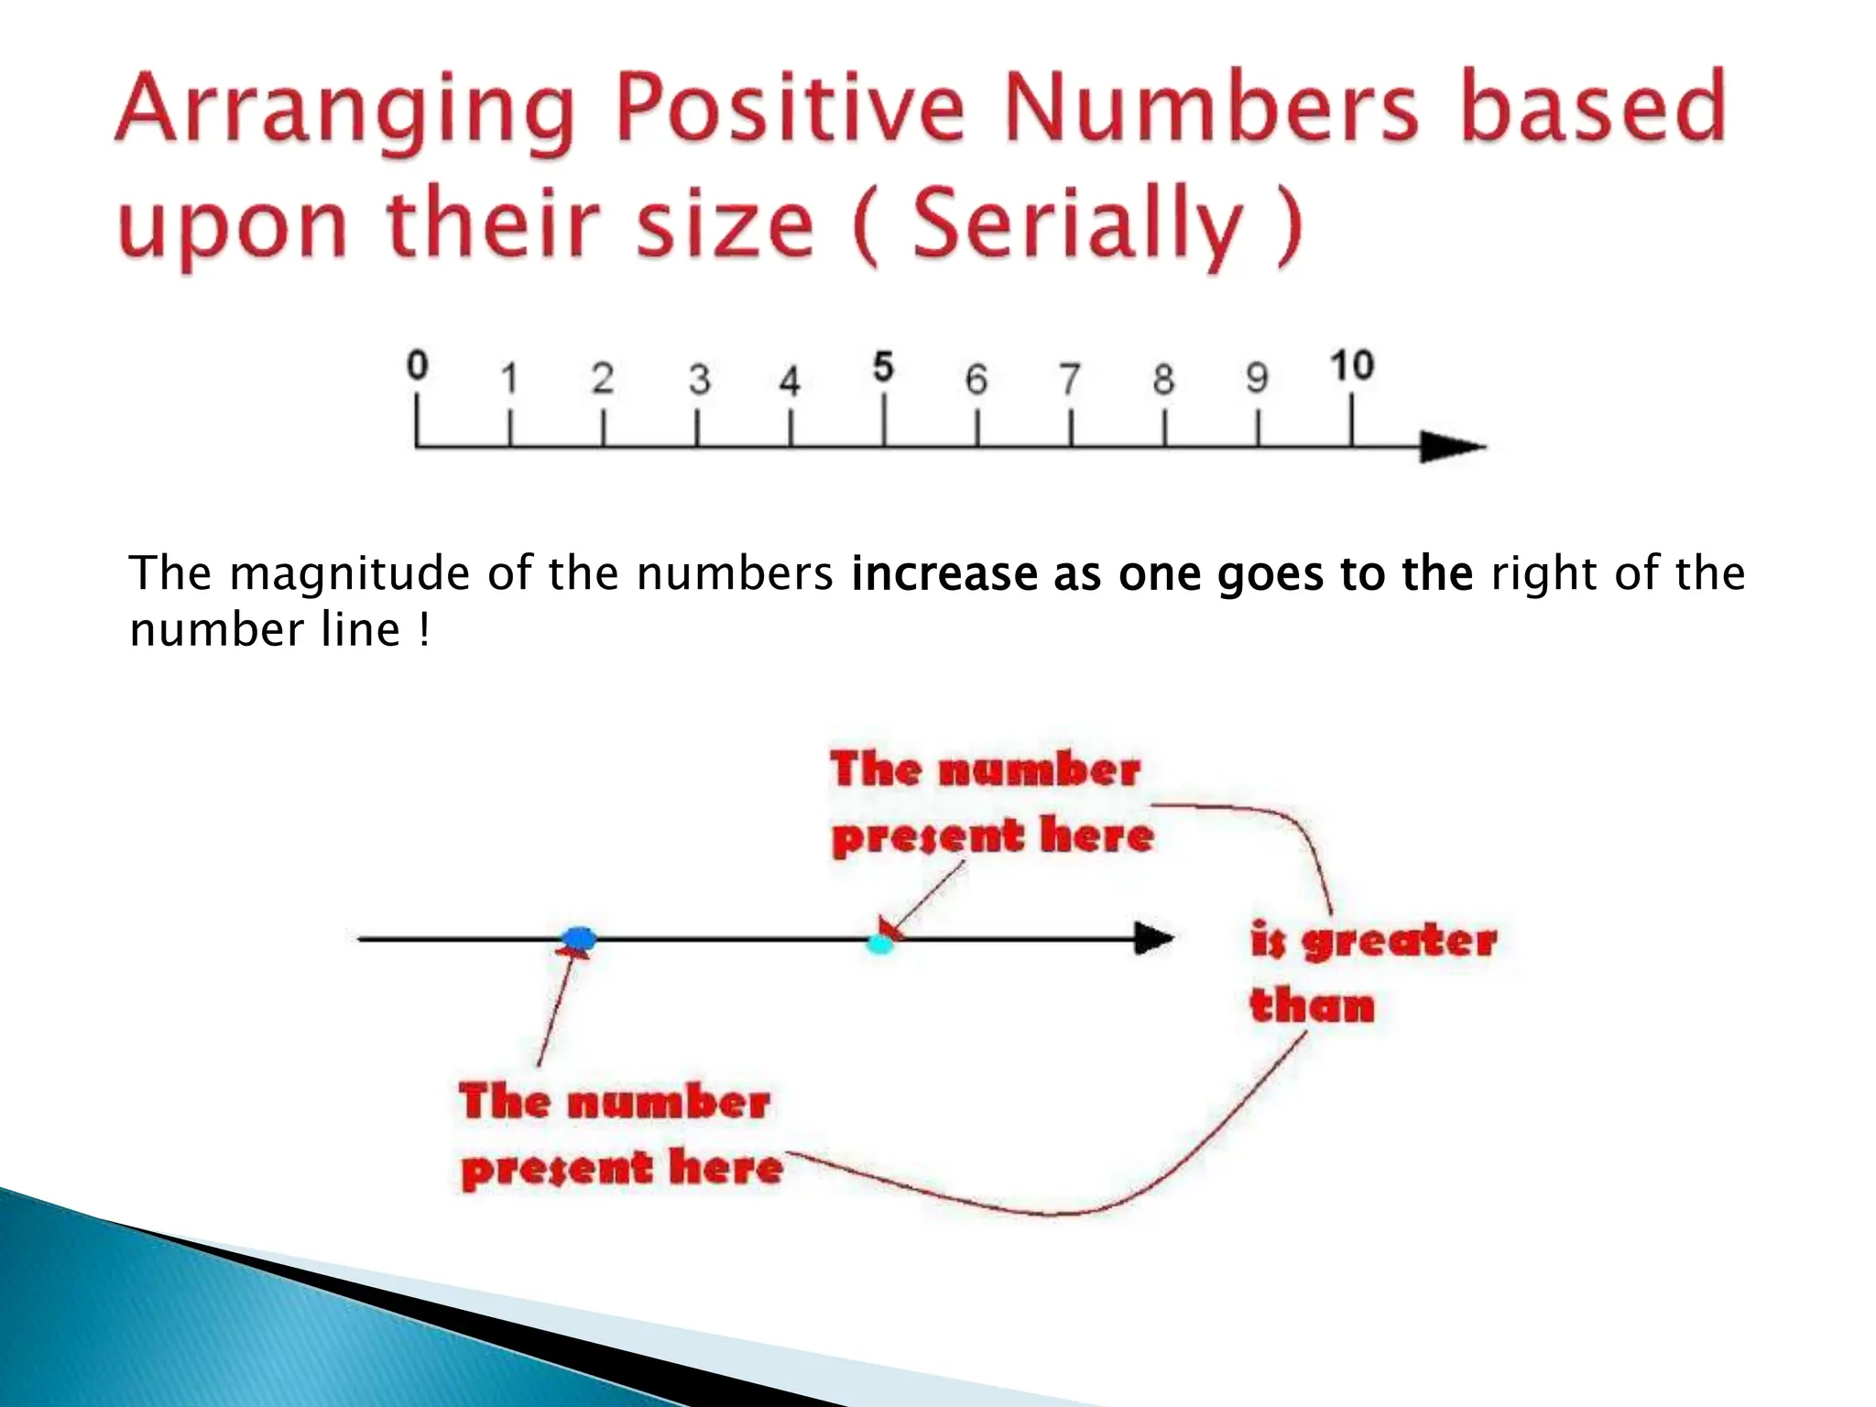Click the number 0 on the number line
click(417, 366)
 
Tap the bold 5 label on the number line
click(882, 367)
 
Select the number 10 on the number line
click(1351, 365)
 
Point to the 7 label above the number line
click(1070, 379)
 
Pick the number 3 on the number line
click(699, 379)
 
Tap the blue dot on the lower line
click(579, 938)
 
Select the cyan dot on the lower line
click(879, 943)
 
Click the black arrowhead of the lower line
click(1153, 939)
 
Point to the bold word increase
click(943, 574)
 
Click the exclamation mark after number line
click(423, 630)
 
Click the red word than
click(1312, 1006)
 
